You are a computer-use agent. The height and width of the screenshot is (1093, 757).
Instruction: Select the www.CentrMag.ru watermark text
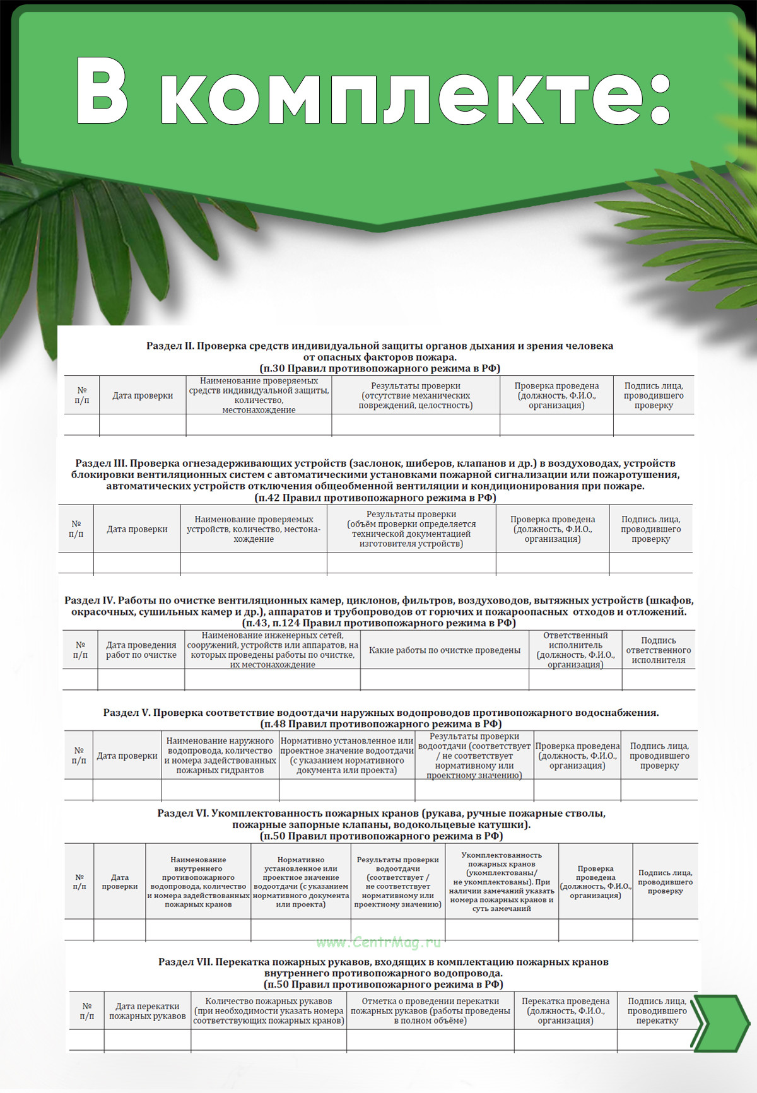(378, 942)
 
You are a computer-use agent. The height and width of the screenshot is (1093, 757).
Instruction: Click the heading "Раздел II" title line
(379, 346)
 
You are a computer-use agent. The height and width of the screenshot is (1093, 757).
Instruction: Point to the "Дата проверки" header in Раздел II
(143, 395)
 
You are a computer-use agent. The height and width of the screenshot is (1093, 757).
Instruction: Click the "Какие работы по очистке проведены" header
(444, 650)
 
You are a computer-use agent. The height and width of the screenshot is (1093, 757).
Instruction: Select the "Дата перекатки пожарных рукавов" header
(147, 1010)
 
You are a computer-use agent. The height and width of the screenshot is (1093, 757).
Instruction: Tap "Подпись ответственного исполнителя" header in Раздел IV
(658, 650)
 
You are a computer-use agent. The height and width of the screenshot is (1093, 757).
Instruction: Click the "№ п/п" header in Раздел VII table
(86, 1010)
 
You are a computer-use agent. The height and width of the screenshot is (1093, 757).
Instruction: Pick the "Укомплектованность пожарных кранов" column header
(502, 882)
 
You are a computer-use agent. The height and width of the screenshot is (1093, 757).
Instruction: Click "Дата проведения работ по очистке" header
(141, 650)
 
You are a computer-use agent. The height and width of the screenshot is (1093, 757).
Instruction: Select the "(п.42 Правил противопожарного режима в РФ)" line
(375, 498)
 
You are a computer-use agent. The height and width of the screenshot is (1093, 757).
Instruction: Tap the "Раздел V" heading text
(380, 713)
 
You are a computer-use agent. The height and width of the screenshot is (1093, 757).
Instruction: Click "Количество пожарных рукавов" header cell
(268, 1010)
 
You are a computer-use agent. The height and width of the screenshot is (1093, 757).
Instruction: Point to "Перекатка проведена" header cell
(565, 1010)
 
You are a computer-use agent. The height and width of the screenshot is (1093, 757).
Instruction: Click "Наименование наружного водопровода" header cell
(220, 756)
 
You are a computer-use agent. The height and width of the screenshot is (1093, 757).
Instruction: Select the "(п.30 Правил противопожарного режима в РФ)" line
(379, 368)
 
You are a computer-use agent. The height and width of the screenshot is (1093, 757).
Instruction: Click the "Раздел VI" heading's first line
(381, 814)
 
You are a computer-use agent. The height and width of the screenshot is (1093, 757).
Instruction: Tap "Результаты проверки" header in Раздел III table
(411, 529)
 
